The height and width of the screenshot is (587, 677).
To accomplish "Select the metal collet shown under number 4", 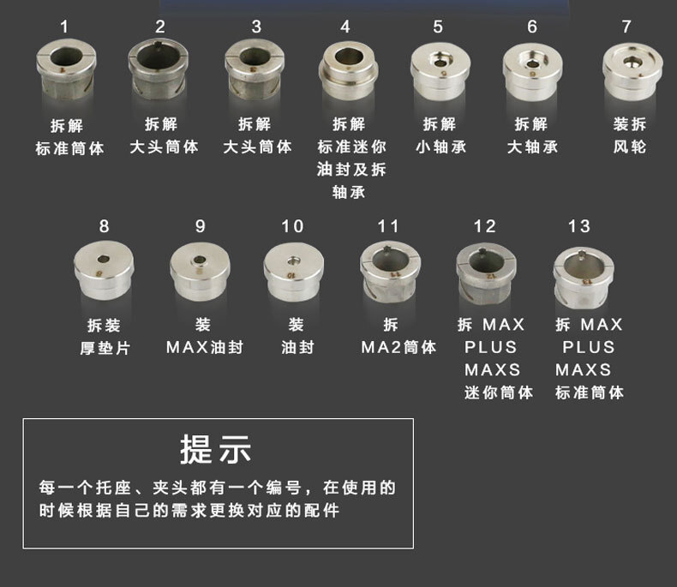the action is click(x=349, y=71).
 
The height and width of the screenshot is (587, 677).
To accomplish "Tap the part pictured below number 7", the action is click(x=632, y=71).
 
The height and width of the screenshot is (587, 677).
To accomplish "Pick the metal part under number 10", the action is click(x=294, y=272).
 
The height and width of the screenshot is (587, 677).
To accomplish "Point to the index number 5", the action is click(x=438, y=27).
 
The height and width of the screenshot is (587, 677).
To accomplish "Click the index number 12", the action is click(x=484, y=226).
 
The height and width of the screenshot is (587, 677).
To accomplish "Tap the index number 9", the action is click(x=200, y=226).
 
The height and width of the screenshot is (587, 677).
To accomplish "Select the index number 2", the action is click(x=159, y=27).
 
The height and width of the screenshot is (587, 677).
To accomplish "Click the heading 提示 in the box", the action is click(x=215, y=449).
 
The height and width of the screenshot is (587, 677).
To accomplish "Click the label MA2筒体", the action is click(x=398, y=347).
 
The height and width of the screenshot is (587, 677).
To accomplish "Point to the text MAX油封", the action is click(x=205, y=347).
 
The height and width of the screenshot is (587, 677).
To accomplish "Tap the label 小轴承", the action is click(x=440, y=147).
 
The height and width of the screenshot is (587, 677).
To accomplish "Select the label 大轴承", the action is click(x=532, y=147).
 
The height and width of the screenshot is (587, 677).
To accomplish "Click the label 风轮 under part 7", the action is click(x=630, y=147).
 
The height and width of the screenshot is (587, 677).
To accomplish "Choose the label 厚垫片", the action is click(x=105, y=348).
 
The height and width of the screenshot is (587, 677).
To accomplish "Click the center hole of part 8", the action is click(x=103, y=259).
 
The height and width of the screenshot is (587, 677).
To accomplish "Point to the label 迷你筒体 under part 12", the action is click(x=499, y=392).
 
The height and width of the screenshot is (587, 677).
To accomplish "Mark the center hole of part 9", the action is click(x=200, y=260).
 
